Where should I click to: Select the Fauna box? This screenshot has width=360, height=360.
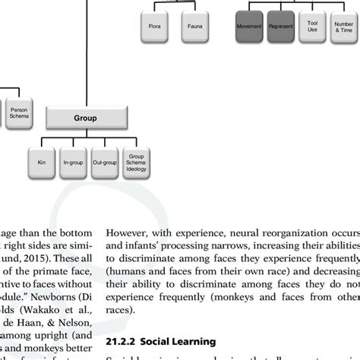195,27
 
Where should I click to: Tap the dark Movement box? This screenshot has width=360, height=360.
248,27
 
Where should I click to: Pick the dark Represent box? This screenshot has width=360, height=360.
281,27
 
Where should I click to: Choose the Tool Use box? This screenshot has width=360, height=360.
312,27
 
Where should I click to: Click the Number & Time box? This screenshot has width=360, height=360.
343,27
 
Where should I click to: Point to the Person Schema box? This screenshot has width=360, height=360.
19,115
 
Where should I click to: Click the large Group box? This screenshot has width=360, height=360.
85,118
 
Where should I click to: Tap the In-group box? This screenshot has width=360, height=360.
73,162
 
